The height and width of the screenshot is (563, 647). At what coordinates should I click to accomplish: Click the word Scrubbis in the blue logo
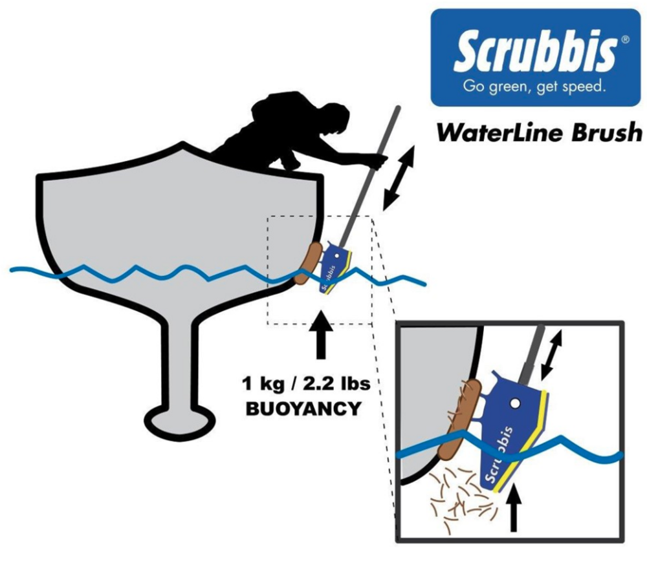tap(535, 52)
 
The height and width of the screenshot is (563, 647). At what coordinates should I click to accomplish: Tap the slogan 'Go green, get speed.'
tap(534, 87)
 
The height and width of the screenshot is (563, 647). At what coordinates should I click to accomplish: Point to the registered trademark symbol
tap(625, 39)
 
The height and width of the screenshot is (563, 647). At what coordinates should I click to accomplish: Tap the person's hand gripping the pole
tap(378, 161)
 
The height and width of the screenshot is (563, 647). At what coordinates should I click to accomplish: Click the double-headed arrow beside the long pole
tap(399, 178)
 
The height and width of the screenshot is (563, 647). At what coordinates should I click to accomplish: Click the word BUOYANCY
tap(303, 409)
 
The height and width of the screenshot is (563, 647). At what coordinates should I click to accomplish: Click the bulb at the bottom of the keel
tap(175, 421)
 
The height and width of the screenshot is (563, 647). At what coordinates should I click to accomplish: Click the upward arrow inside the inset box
tap(513, 508)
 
